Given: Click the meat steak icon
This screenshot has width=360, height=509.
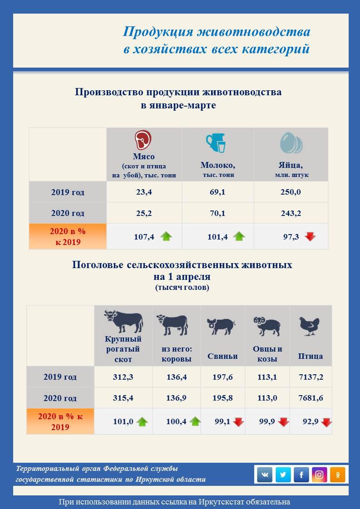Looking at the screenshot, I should click(143, 140).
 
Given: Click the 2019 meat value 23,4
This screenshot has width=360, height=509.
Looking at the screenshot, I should click(144, 192).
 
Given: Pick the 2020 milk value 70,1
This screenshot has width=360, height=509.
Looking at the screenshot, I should click(217, 213).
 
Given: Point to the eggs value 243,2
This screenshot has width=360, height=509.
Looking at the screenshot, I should click(291, 213).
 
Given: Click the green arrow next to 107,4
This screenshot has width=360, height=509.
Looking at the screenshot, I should click(166, 236).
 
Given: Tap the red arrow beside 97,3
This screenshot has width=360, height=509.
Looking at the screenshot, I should click(310, 236).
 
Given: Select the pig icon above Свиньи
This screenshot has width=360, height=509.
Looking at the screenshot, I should click(221, 325).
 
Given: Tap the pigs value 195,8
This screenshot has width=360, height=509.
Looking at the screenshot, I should click(222, 398).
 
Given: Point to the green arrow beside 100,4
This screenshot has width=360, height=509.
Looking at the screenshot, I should click(195, 421).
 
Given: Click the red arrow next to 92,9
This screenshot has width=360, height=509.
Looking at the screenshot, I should click(326, 422).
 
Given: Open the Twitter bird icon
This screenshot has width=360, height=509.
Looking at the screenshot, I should click(283, 475).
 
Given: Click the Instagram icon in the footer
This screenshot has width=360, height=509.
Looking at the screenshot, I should click(320, 475).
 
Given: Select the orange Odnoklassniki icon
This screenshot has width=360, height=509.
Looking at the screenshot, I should click(338, 475).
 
